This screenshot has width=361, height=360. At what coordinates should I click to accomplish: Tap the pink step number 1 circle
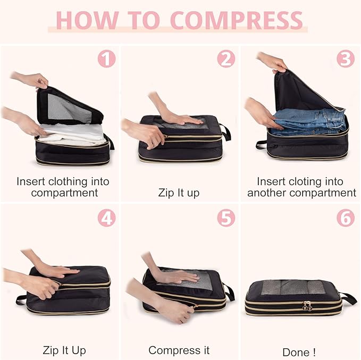tap(107, 58)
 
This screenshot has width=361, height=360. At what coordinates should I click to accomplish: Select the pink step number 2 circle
tap(226, 58)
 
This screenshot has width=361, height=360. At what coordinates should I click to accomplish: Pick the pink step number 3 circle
tap(346, 58)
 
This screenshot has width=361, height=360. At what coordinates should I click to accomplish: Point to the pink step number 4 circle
tap(107, 218)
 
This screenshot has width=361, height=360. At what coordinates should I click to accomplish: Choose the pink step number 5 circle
tap(226, 218)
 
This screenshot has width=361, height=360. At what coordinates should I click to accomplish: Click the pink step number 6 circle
tap(346, 218)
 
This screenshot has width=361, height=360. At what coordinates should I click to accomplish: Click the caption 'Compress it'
tap(179, 350)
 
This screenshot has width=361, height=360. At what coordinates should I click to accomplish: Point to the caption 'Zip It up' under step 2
tap(179, 192)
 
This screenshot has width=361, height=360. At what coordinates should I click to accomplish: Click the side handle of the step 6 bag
tap(348, 298)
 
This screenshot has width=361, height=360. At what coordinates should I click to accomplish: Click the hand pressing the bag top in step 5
tap(178, 277)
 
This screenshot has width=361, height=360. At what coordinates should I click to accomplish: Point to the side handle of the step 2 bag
tap(225, 132)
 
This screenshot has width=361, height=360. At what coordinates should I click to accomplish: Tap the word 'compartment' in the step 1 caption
tap(64, 192)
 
